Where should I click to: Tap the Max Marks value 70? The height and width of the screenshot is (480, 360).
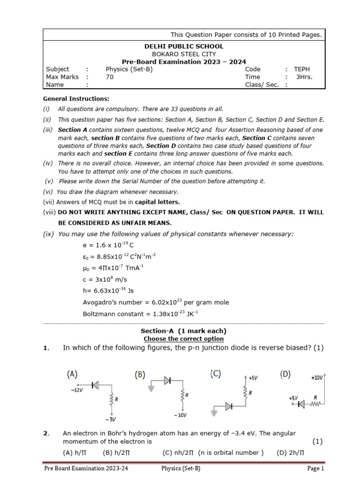pyautogui.click(x=110, y=77)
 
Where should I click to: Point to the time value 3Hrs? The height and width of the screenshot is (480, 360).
pyautogui.click(x=304, y=77)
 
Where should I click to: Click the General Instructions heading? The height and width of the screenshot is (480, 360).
pyautogui.click(x=76, y=99)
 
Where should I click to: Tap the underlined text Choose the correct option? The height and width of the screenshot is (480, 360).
pyautogui.click(x=183, y=338)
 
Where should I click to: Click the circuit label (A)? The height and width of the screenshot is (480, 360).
pyautogui.click(x=72, y=374)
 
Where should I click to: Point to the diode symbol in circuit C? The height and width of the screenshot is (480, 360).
pyautogui.click(x=228, y=406)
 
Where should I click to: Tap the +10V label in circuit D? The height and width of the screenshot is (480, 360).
pyautogui.click(x=317, y=377)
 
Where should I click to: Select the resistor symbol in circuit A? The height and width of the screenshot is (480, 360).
pyautogui.click(x=112, y=399)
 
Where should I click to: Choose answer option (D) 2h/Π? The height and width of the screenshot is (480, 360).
pyautogui.click(x=290, y=452)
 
